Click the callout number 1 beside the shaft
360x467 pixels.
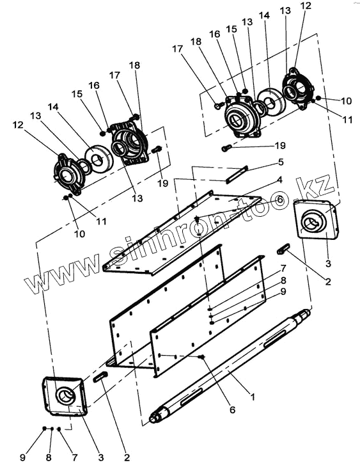click(x=253, y=397)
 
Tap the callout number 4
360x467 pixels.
click(x=279, y=180)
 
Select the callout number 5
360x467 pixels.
click(x=280, y=162)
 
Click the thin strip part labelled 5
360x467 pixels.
click(x=237, y=175)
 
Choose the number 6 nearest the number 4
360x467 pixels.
click(x=280, y=200)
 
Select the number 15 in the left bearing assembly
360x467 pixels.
click(x=77, y=94)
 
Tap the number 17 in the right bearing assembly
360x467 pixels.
click(x=177, y=49)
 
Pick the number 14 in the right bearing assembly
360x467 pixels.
click(x=264, y=15)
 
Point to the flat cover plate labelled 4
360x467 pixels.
click(x=182, y=231)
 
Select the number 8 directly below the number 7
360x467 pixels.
click(x=283, y=280)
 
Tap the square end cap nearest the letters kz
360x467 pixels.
click(x=317, y=219)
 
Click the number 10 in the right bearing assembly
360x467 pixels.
click(x=347, y=101)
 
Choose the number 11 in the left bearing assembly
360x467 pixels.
click(x=101, y=221)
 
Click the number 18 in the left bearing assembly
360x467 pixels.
click(x=134, y=65)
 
